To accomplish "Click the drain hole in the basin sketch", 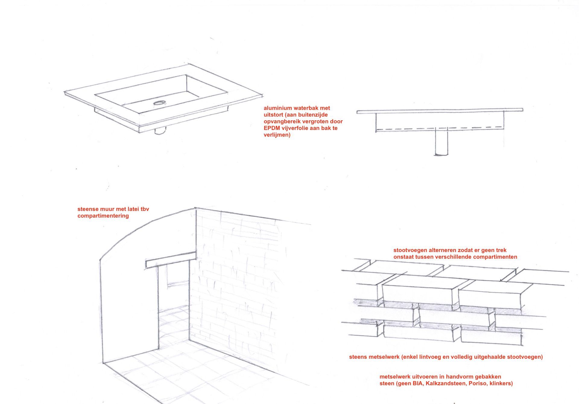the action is click(x=159, y=103).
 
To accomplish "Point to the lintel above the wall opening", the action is click(x=170, y=260).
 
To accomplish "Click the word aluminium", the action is click(x=277, y=108).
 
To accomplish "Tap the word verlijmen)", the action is click(x=277, y=135).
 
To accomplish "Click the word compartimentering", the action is click(x=103, y=216).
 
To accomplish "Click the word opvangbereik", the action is click(x=282, y=122).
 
